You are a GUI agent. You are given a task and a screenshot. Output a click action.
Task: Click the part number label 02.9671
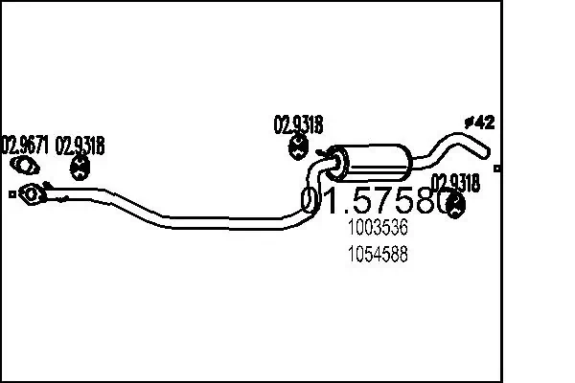(x=26, y=146)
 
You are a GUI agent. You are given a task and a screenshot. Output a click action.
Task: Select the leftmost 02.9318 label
(x=80, y=146)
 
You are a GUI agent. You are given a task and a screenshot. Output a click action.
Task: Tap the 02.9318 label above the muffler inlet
(x=299, y=124)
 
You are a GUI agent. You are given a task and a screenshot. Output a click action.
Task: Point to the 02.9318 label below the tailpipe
(x=453, y=181)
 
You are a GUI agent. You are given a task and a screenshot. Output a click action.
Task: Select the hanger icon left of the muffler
(x=298, y=147)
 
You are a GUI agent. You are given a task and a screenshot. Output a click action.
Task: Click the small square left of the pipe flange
(x=11, y=195)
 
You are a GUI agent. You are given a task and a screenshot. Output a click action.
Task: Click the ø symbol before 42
(x=470, y=122)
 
